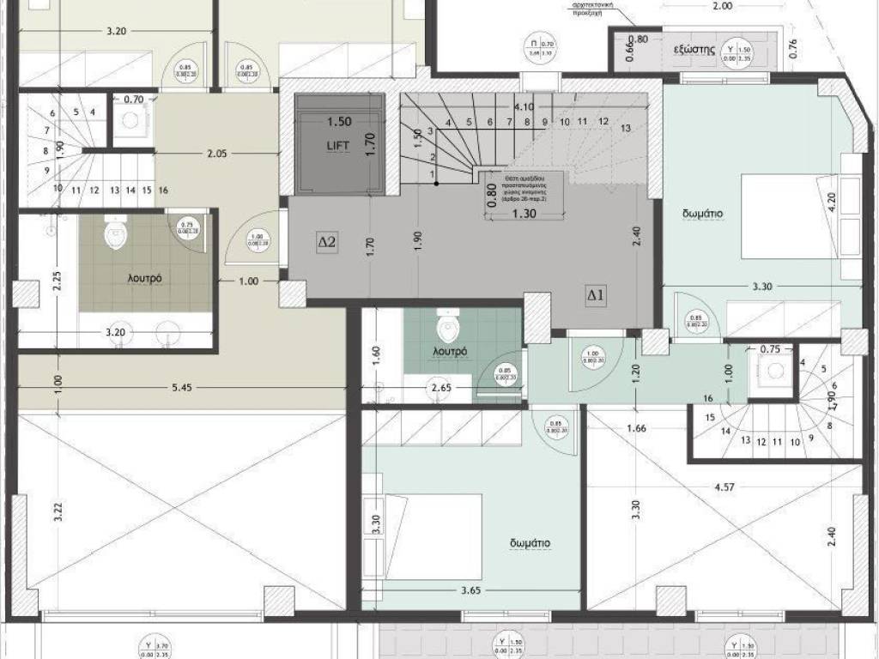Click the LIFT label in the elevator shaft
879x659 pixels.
pos(338,146)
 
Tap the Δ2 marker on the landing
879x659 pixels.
pos(328,243)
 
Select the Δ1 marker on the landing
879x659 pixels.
pos(597,295)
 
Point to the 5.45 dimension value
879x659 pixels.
pos(182,388)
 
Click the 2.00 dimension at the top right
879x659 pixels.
pos(723,6)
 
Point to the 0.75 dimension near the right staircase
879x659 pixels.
pos(770,349)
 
